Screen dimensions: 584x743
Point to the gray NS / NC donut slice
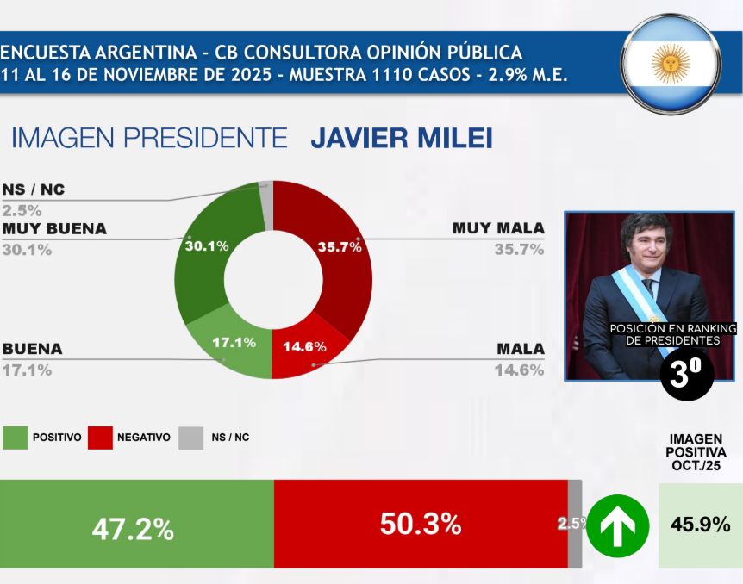[267, 205]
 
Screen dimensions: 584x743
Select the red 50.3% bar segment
[420, 524]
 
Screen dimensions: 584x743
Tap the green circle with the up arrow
[618, 525]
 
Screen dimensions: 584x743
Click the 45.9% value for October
[700, 524]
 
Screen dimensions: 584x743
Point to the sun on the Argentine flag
[670, 64]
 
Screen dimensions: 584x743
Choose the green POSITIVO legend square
[15, 438]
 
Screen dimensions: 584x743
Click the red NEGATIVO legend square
[102, 438]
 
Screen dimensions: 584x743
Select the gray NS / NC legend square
[191, 438]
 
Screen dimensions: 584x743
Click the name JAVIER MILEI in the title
[402, 139]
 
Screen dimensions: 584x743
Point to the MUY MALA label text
[498, 228]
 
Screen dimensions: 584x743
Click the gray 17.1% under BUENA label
[27, 370]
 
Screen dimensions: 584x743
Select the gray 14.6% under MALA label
[519, 370]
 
